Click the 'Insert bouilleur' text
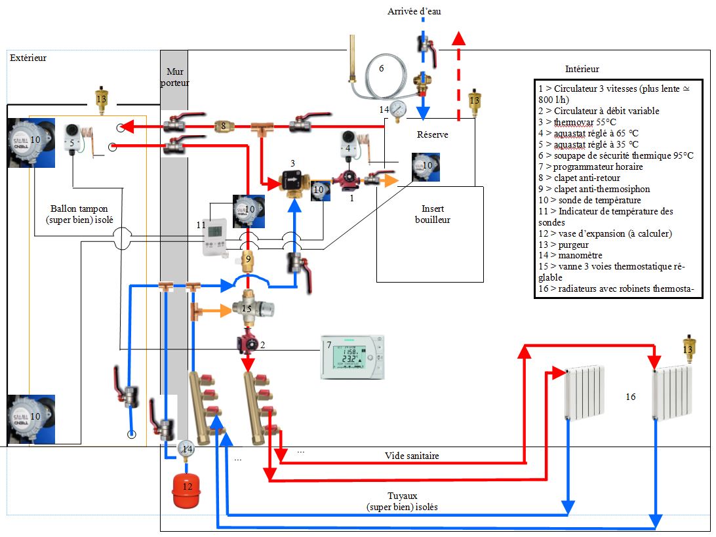pyautogui.click(x=433, y=214)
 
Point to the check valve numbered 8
pyautogui.click(x=224, y=124)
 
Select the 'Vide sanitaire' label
pyautogui.click(x=411, y=455)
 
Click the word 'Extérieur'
pyautogui.click(x=29, y=58)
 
